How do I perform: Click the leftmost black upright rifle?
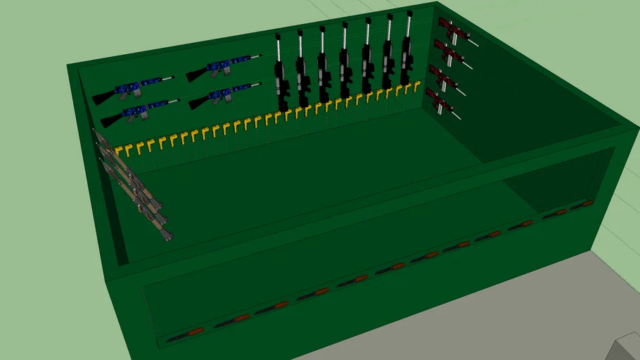click(x=281, y=77)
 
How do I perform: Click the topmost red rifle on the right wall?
click(x=454, y=31)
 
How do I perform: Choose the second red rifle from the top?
click(x=449, y=53)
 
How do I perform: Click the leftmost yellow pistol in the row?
click(x=120, y=150)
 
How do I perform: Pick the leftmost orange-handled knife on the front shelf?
click(x=186, y=333)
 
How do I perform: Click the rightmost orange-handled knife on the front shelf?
click(x=583, y=205)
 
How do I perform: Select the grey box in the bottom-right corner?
click(x=627, y=348)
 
